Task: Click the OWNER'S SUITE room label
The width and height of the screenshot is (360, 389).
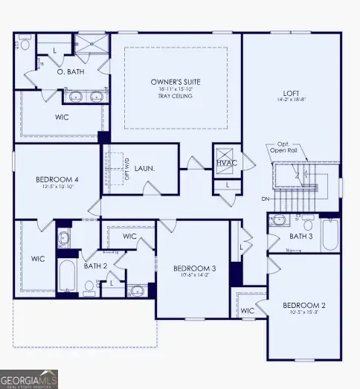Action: coord(176,81)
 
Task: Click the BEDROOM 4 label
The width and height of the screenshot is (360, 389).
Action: coord(57,179)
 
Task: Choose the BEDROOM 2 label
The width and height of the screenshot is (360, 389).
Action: coord(303,305)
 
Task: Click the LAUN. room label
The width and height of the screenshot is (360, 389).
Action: coord(144,169)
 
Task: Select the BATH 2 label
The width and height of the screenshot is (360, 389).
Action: coord(95,265)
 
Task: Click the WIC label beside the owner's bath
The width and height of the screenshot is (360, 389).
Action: coord(62,118)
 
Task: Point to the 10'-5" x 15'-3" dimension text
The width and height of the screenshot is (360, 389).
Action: coord(303,313)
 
